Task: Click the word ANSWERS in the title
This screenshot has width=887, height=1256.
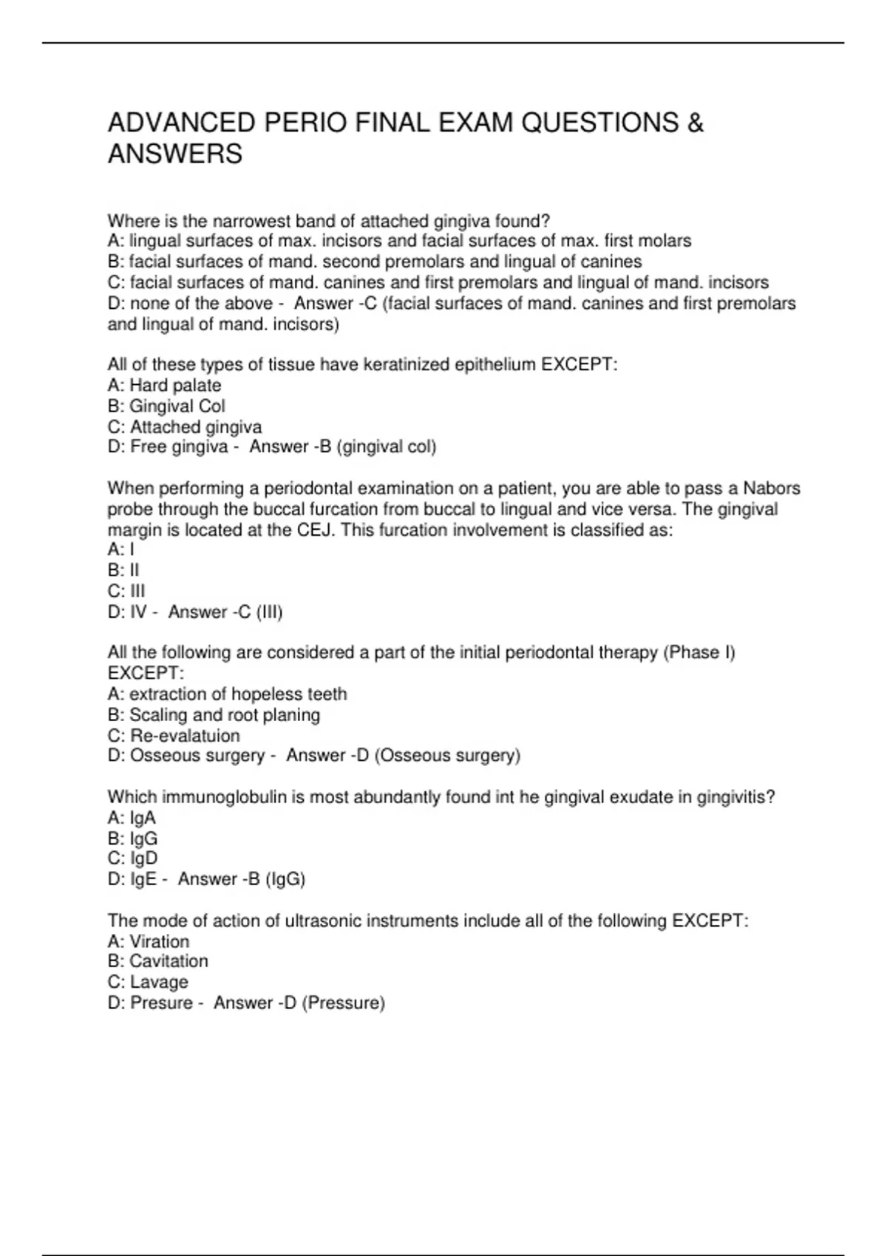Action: tap(175, 154)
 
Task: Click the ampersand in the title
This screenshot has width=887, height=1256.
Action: tap(695, 123)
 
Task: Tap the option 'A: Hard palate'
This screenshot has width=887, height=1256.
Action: tap(164, 386)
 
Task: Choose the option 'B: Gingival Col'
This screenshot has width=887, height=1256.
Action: tap(166, 406)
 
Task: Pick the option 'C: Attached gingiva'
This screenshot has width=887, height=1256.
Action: tap(185, 427)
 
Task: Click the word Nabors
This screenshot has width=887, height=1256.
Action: tap(771, 488)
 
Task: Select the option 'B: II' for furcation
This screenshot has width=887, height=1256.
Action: tap(123, 570)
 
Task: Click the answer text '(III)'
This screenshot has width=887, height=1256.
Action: tap(269, 612)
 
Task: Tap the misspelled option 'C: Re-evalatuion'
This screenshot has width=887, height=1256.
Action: tap(174, 736)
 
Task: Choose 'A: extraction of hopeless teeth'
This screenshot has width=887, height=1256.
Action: tap(227, 694)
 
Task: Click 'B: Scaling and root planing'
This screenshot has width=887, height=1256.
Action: tap(214, 715)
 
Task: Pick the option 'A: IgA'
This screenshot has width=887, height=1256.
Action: tap(132, 818)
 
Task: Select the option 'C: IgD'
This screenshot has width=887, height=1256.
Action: tap(132, 859)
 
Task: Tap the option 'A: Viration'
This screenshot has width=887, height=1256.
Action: tap(148, 941)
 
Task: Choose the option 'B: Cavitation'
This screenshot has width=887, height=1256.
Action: tap(157, 961)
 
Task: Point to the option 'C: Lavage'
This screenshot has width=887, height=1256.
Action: tap(148, 982)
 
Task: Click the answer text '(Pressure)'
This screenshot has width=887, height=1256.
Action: tap(344, 1003)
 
